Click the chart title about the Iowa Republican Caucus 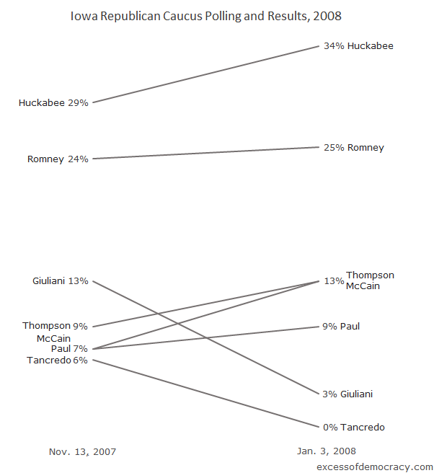click(205, 15)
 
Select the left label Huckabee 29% click(53, 103)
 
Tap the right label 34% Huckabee click(358, 46)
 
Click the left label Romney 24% click(58, 159)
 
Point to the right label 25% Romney click(354, 148)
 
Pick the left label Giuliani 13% click(61, 281)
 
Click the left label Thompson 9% click(56, 326)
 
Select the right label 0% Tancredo click(354, 428)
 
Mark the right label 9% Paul click(341, 327)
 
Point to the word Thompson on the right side click(370, 275)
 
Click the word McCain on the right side click(363, 286)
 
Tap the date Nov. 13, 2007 click(82, 452)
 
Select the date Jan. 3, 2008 click(327, 451)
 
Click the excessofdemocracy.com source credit click(375, 467)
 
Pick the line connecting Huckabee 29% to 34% click(205, 74)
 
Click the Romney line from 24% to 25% click(205, 153)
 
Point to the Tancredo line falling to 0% click(205, 394)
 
